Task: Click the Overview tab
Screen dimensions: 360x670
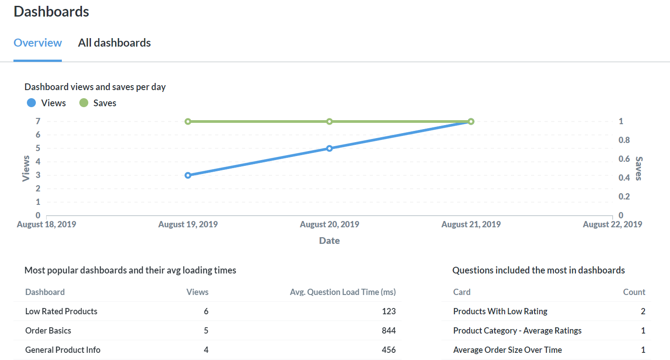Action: point(38,43)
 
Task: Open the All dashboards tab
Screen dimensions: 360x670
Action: point(114,43)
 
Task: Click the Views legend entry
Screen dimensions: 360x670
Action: point(47,103)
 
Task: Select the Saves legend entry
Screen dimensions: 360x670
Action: point(98,103)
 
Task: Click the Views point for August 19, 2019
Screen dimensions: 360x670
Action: point(188,175)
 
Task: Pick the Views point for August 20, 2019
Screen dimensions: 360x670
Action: point(329,148)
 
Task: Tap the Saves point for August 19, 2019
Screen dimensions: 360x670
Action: point(188,121)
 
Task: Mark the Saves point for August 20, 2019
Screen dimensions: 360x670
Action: point(329,121)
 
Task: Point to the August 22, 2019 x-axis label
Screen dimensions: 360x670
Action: point(612,225)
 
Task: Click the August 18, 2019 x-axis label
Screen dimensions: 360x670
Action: point(47,225)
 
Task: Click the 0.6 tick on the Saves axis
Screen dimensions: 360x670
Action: point(624,159)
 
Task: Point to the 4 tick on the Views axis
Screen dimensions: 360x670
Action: point(38,162)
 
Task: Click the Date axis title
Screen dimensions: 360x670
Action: point(329,241)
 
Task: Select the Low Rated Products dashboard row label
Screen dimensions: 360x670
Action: point(61,311)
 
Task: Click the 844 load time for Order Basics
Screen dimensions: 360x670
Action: point(389,330)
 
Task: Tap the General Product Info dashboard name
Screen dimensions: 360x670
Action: point(63,350)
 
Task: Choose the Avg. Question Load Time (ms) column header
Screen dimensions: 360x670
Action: point(343,292)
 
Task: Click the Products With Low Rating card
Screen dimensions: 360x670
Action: point(500,311)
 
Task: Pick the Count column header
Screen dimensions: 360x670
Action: point(634,292)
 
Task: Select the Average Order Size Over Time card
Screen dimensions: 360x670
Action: point(507,350)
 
